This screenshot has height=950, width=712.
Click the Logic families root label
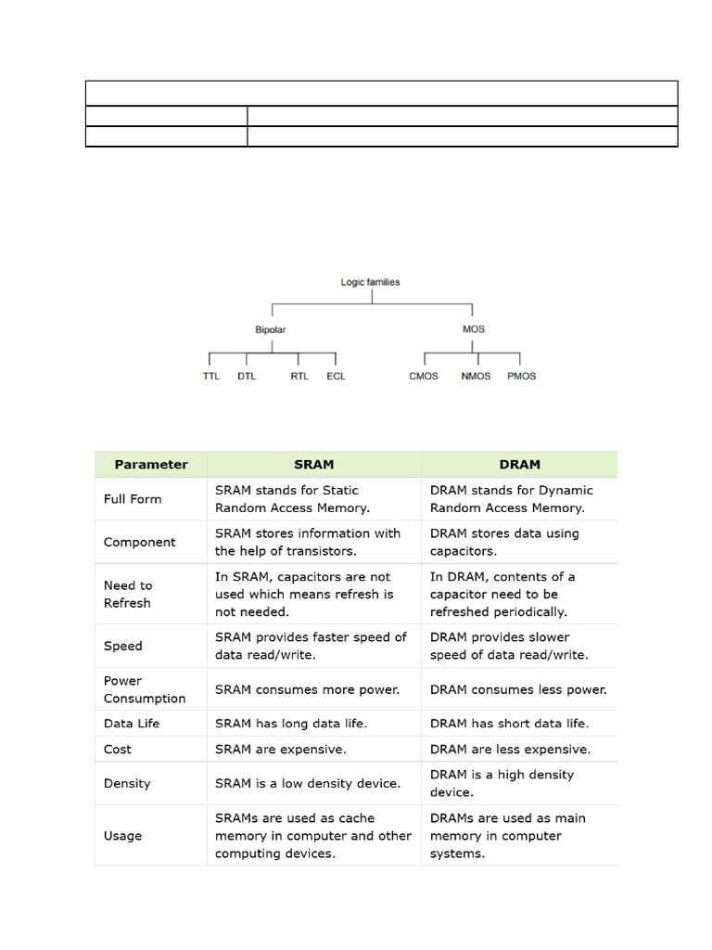tap(370, 282)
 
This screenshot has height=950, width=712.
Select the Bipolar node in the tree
tap(271, 329)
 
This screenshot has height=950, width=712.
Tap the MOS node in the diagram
tap(473, 329)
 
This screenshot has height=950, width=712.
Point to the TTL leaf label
tap(211, 377)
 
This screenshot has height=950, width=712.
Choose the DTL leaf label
tap(247, 377)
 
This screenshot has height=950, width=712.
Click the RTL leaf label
tap(299, 377)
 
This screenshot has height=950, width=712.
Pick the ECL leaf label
tap(336, 377)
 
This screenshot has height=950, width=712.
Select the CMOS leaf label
tap(424, 377)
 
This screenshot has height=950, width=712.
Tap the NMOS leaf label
tap(476, 377)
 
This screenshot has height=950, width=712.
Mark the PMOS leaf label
tap(521, 377)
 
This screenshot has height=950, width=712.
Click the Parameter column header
tap(151, 465)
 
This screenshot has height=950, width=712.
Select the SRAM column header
tap(313, 465)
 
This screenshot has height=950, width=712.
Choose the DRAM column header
tap(519, 465)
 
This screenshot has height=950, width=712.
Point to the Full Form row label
tap(133, 499)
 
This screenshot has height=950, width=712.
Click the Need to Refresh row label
tap(128, 595)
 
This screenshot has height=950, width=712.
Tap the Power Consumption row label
tap(145, 689)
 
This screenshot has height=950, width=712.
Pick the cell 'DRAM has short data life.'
tap(509, 724)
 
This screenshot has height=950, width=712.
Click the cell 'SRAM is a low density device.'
tap(308, 784)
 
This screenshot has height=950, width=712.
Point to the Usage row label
tap(123, 836)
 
